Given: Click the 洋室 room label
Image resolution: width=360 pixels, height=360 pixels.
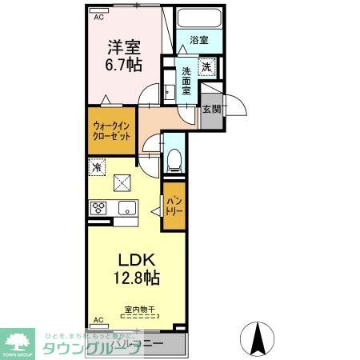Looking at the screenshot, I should [x=122, y=46].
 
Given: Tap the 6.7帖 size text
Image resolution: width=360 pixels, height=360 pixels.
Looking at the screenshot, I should [x=122, y=66].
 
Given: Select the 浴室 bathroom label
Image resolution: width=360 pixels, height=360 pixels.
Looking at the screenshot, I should [x=199, y=38].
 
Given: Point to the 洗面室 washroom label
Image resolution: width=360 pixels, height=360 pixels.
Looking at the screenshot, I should [x=185, y=80].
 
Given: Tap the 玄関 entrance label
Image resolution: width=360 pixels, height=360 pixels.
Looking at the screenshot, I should [x=210, y=110].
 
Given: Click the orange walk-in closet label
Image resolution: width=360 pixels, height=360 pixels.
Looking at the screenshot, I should [x=111, y=130].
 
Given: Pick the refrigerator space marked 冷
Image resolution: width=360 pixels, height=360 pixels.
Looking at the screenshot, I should [x=97, y=168].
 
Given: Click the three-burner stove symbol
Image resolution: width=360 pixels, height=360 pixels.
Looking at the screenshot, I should [x=100, y=208].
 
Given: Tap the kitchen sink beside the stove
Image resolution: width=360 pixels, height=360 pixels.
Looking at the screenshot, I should [x=126, y=208].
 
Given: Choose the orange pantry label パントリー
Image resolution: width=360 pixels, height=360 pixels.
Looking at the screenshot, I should [x=174, y=207].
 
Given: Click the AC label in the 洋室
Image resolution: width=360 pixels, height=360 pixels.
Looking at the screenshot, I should [x=98, y=16].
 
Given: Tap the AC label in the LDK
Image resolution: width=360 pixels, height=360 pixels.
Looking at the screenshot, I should [x=98, y=320].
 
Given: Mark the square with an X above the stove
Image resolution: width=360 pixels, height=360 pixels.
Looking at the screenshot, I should [x=122, y=183].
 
